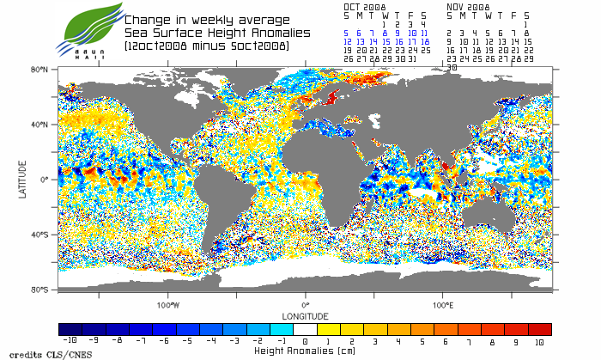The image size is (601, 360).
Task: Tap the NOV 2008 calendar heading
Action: click(469, 6)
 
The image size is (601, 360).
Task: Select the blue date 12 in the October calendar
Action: click(348, 40)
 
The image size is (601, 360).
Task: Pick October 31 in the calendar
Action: click(413, 58)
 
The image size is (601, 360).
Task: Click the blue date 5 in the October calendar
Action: click(347, 32)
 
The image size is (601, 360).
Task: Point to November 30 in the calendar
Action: click(452, 67)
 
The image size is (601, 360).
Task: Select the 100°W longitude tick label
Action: click(168, 305)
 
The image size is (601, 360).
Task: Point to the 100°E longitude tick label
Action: click(442, 305)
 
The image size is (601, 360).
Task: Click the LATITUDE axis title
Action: click(22, 179)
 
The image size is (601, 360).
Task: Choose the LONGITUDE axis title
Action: click(305, 315)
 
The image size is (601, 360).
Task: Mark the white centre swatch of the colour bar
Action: click(306, 329)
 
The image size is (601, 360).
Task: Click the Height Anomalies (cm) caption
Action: click(305, 351)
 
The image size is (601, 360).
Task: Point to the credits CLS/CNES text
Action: click(34, 353)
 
